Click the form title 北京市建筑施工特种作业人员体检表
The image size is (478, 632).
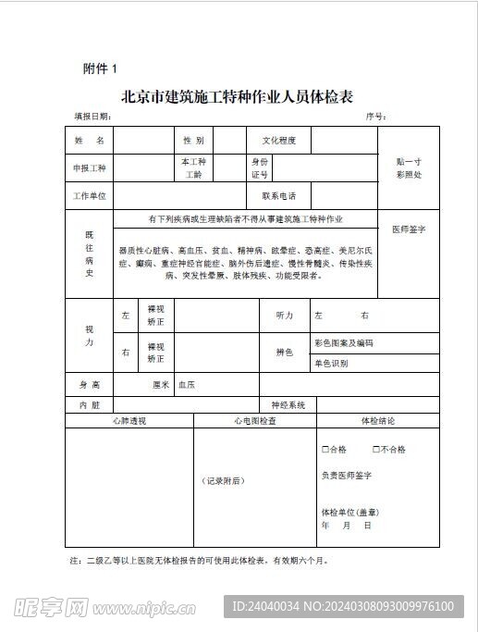238,96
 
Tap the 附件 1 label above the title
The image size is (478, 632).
101,68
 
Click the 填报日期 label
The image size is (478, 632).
92,118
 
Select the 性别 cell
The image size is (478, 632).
193,140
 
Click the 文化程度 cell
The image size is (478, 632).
279,140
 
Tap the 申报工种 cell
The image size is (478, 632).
90,168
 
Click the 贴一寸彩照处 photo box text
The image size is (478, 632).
408,167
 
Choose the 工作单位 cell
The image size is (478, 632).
90,196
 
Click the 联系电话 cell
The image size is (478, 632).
278,196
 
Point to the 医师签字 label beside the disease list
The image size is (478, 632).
408,229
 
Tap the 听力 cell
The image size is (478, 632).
284,316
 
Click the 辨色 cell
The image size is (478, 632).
284,353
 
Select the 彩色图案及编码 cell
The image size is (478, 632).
344,343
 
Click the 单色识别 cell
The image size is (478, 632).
331,364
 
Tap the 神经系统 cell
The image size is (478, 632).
288,405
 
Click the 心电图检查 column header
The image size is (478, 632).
255,421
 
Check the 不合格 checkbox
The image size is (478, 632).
376,450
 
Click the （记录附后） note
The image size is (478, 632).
223,480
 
